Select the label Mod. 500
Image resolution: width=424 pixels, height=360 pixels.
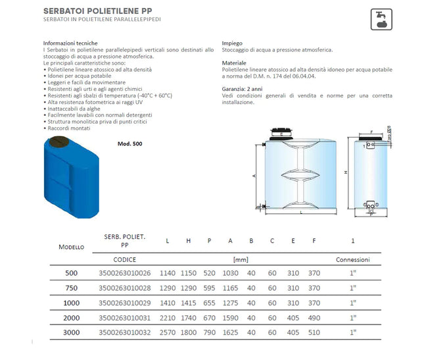click(130, 143)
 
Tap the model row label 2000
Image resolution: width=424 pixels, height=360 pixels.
click(71, 319)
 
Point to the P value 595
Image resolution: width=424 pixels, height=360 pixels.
click(209, 288)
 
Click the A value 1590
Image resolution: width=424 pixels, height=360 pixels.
click(230, 319)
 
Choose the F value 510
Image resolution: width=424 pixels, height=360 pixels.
click(314, 334)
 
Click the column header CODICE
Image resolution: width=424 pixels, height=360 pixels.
click(125, 259)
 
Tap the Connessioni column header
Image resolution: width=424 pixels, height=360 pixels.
click(352, 259)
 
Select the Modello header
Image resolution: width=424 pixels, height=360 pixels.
click(71, 247)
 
